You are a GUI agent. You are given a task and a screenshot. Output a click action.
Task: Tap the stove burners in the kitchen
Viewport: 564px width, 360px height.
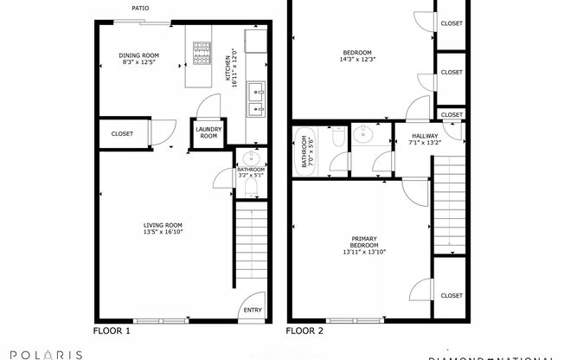201,53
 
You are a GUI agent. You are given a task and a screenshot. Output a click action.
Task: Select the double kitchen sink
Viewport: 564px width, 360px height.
256,100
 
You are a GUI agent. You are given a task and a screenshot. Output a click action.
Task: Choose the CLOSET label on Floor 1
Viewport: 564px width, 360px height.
122,134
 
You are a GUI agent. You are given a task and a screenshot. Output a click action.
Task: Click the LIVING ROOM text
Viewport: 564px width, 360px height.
163,225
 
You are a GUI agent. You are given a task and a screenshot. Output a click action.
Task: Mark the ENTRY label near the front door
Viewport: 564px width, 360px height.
253,310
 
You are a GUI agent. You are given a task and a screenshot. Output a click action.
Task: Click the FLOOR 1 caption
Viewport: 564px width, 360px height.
112,331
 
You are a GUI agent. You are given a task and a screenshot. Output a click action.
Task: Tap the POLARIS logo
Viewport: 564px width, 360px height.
42,354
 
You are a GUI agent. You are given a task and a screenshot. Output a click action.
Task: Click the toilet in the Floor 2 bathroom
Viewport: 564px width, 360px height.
337,137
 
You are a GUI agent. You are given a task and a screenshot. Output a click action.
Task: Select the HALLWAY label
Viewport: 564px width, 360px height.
424,136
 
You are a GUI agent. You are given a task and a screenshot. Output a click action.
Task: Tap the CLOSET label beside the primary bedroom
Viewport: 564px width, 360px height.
451,296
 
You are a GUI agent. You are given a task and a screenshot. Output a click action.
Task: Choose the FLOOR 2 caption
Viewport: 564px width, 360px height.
304,331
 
